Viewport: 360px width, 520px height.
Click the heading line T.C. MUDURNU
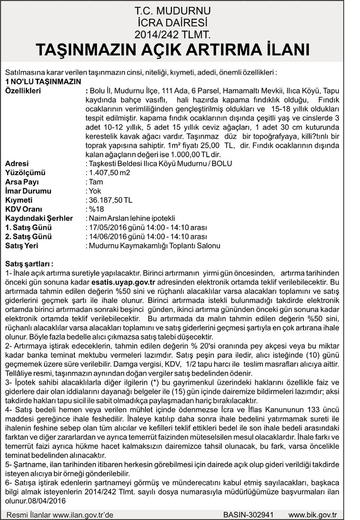(180, 10)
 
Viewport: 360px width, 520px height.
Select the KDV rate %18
(93, 209)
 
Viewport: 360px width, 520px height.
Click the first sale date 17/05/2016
(104, 227)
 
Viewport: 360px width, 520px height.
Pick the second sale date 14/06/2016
(104, 236)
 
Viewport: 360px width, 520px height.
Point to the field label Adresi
(17, 164)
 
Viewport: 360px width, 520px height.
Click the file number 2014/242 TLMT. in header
(180, 34)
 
